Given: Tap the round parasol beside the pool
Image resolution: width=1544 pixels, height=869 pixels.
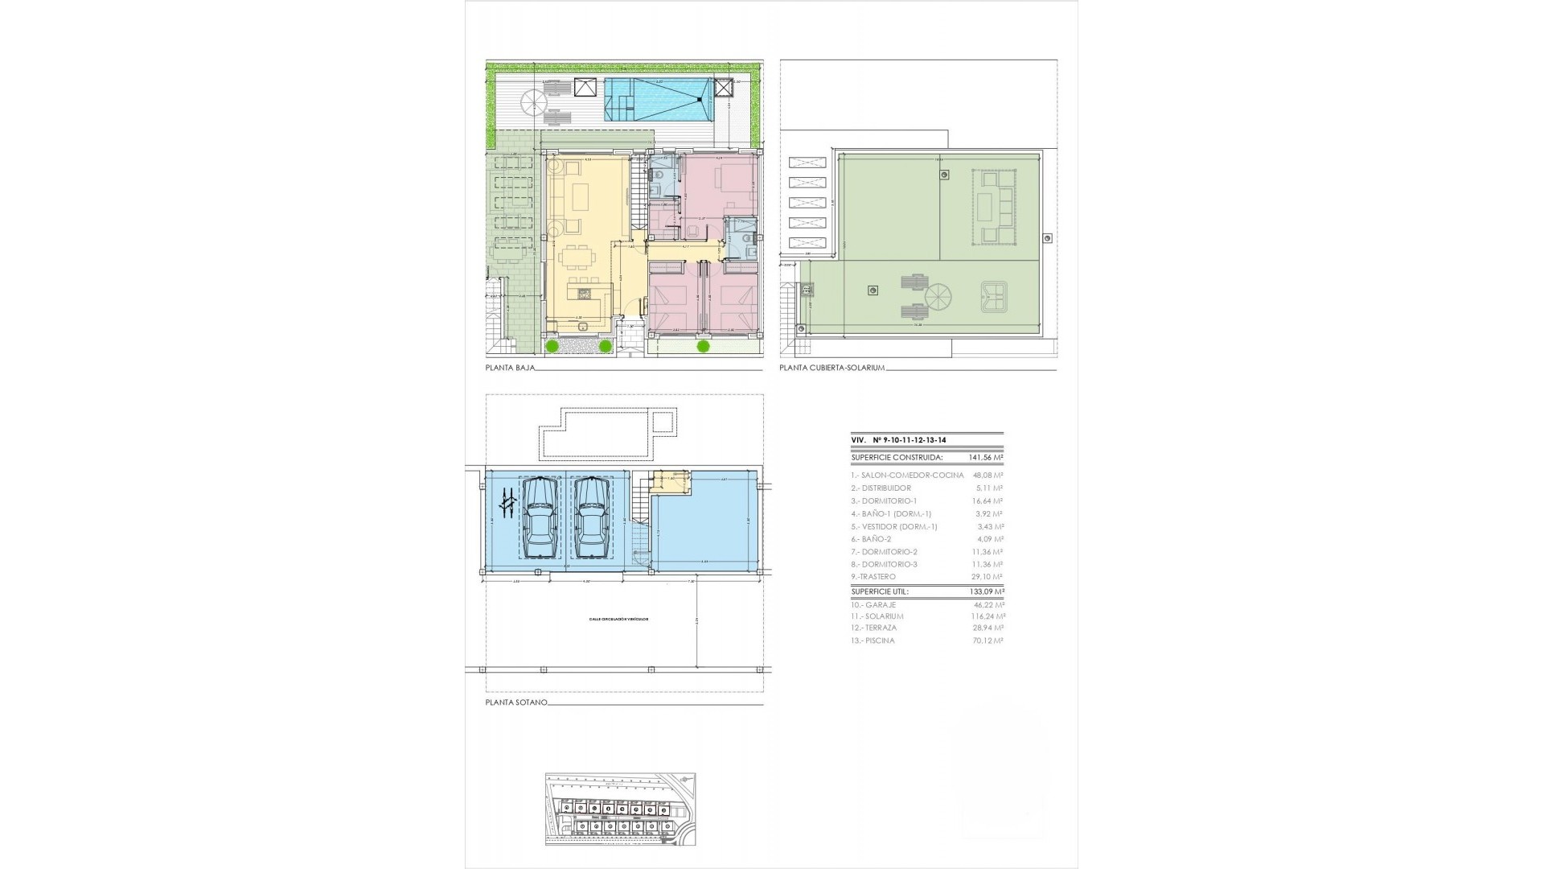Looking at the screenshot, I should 532,101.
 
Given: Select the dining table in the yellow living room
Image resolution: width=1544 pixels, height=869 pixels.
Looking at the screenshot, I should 578,257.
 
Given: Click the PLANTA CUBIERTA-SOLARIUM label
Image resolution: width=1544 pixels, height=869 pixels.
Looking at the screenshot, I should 832,368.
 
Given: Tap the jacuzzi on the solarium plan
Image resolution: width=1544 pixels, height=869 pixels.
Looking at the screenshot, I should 996,295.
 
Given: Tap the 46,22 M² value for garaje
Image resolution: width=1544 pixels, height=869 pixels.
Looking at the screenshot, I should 987,604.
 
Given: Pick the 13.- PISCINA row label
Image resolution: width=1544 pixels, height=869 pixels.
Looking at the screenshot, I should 873,640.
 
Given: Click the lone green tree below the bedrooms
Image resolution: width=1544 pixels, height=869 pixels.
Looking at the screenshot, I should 704,346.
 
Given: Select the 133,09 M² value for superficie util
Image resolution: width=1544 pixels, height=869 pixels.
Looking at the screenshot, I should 987,591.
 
